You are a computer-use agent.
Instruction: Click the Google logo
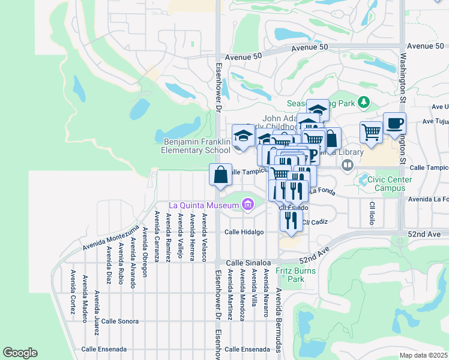coord(20,353)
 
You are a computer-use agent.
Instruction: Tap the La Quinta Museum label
coord(203,205)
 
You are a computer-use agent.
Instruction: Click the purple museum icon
coord(247,205)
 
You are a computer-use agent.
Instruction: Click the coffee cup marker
coord(394,124)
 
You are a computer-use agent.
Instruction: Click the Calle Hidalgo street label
coord(244,232)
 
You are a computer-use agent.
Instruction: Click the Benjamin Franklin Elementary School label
coord(197,146)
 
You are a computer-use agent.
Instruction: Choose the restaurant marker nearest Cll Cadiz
coord(291,219)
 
